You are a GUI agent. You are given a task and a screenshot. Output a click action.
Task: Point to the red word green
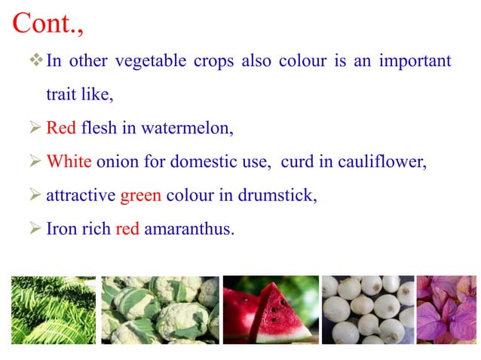pyautogui.click(x=140, y=196)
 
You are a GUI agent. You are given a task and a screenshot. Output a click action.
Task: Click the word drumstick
pyautogui.click(x=279, y=196)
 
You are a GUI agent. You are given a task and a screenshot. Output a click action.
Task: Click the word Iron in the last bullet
pyautogui.click(x=62, y=229)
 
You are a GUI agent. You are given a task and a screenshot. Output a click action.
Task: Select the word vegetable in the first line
pyautogui.click(x=145, y=61)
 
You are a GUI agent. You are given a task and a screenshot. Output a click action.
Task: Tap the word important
pyautogui.click(x=415, y=61)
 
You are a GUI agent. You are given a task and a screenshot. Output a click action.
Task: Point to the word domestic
pyautogui.click(x=203, y=162)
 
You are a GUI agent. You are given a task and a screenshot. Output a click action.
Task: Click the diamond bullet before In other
pyautogui.click(x=36, y=60)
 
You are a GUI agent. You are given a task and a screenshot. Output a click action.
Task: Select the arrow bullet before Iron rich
pyautogui.click(x=35, y=229)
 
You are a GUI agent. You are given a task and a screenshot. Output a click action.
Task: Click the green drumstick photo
pyautogui.click(x=54, y=310)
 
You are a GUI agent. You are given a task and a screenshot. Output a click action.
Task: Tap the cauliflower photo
pyautogui.click(x=160, y=310)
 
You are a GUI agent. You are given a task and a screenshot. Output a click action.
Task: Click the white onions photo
pyautogui.click(x=367, y=310)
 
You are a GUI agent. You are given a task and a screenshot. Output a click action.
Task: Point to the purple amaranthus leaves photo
pyautogui.click(x=447, y=310)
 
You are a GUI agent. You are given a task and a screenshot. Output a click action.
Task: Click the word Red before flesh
pyautogui.click(x=61, y=128)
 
